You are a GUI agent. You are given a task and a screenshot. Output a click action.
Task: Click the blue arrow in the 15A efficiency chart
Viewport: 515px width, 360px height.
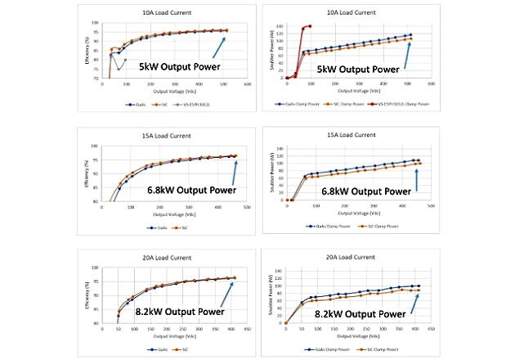point(233,172)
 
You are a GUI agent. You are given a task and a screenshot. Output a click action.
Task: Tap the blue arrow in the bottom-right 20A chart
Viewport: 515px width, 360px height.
point(416,304)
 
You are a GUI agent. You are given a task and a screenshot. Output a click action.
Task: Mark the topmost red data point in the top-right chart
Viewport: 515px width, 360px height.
point(310,26)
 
